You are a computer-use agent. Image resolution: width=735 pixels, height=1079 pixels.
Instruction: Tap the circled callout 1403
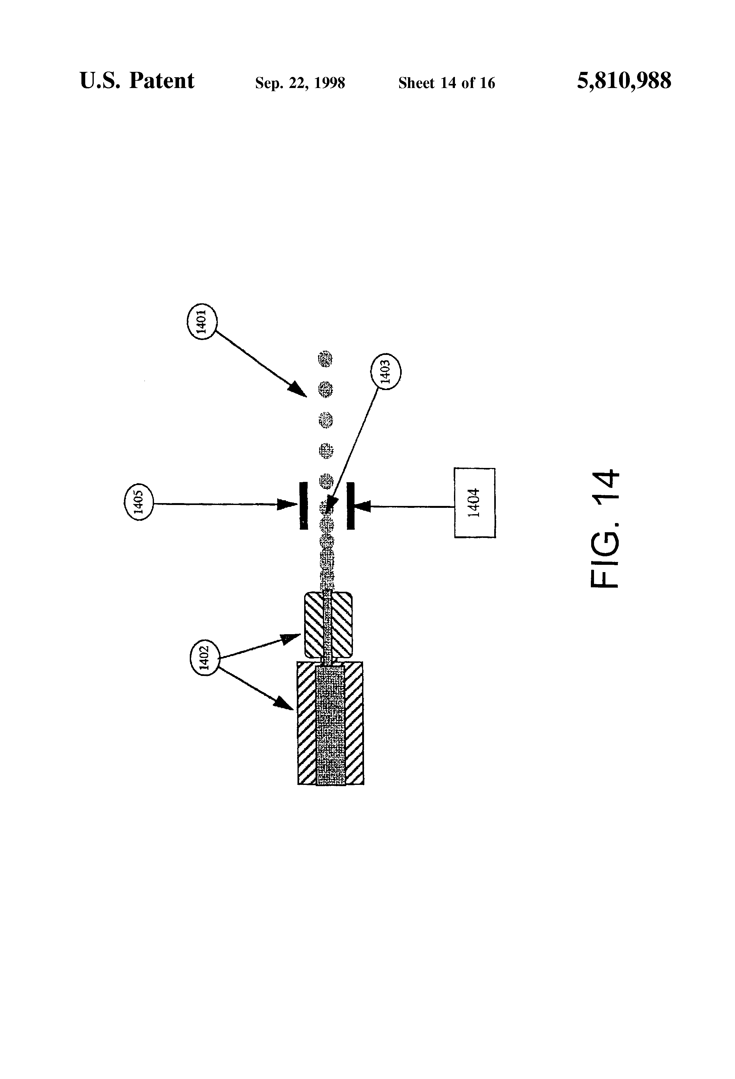point(386,372)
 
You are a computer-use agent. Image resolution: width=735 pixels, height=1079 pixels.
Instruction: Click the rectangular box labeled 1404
point(474,503)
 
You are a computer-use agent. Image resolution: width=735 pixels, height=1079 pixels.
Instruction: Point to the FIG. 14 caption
point(604,529)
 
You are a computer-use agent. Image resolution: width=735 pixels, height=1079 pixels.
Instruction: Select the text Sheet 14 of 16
point(446,83)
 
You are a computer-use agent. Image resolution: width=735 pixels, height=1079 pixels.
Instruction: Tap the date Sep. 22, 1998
point(300,83)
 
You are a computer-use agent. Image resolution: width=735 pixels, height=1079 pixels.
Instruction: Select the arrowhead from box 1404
point(363,506)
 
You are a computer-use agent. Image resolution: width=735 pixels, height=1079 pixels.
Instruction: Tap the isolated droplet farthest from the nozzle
point(326,359)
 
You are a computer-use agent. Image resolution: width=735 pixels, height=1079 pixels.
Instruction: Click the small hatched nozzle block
point(328,625)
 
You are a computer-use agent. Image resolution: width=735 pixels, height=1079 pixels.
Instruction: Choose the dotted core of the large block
point(330,725)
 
